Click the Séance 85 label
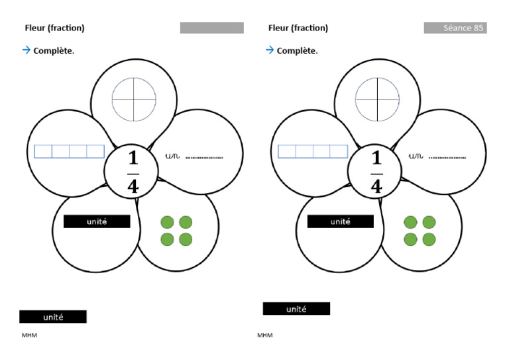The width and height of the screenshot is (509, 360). [x=455, y=28]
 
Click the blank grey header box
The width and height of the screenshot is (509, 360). [x=211, y=28]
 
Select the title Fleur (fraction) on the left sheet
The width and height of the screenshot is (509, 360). [x=54, y=28]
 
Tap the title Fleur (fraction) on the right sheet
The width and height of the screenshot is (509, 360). [x=298, y=28]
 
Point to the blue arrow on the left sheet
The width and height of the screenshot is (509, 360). [x=27, y=50]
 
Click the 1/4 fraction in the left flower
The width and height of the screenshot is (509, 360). [x=133, y=172]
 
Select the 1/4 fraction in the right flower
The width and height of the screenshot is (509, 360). [x=376, y=172]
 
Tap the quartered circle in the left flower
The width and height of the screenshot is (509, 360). [x=134, y=100]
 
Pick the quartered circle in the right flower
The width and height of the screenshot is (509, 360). [x=377, y=100]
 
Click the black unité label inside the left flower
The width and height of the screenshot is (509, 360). [x=97, y=221]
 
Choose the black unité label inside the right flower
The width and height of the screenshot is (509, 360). [x=340, y=221]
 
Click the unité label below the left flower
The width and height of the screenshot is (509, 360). [x=53, y=317]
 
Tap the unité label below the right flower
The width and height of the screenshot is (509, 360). [x=296, y=309]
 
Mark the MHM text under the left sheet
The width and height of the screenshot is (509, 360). [x=29, y=335]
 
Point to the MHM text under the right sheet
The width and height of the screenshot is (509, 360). [x=265, y=335]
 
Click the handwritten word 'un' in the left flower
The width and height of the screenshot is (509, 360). [x=172, y=156]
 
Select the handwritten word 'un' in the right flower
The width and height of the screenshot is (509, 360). [x=416, y=156]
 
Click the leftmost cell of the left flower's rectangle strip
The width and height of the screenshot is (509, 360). [x=43, y=152]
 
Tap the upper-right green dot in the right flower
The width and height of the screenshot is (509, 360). [x=429, y=221]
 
